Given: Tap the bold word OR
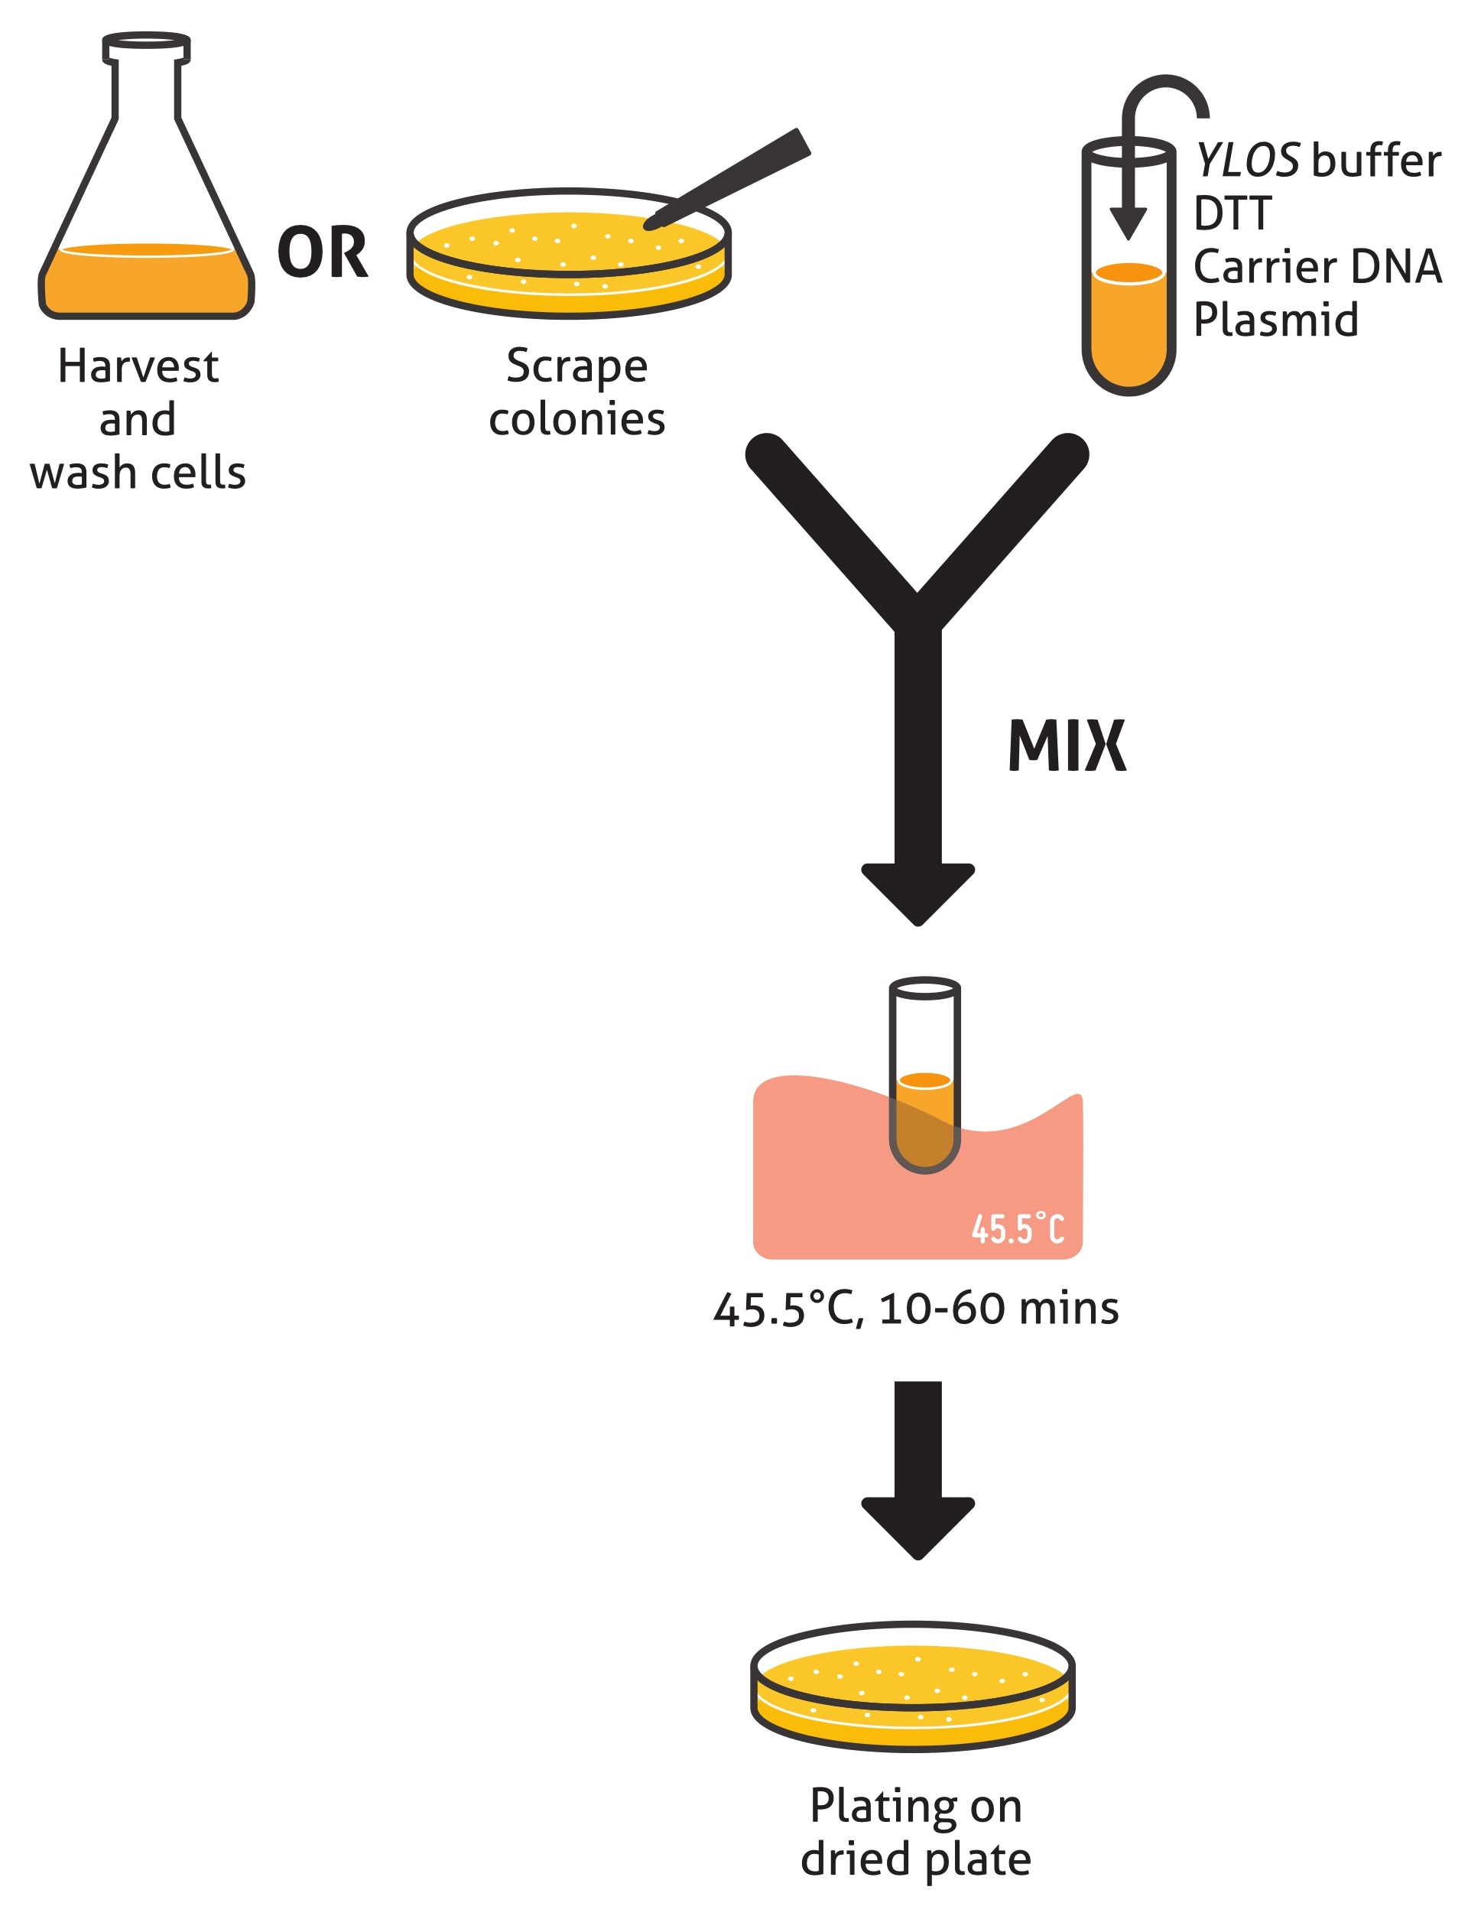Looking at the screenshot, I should (x=323, y=252).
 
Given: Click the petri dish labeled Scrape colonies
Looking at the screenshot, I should (x=568, y=263).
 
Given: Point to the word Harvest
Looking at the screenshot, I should (x=138, y=366).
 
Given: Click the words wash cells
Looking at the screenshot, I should (x=138, y=473).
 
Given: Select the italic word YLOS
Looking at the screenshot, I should (x=1247, y=161).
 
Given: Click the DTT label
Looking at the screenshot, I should (x=1232, y=213).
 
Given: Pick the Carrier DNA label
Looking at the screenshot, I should (x=1317, y=267).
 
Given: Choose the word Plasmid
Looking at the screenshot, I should (x=1276, y=320).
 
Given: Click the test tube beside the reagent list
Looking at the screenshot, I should (x=1129, y=298).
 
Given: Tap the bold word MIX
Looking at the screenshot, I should (x=1067, y=747).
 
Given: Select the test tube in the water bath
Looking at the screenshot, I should (x=925, y=1075).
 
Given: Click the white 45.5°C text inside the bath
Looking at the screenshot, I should (x=1017, y=1229).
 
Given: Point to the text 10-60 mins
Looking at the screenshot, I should (x=999, y=1308).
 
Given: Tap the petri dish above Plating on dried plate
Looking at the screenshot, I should (x=913, y=1689).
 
